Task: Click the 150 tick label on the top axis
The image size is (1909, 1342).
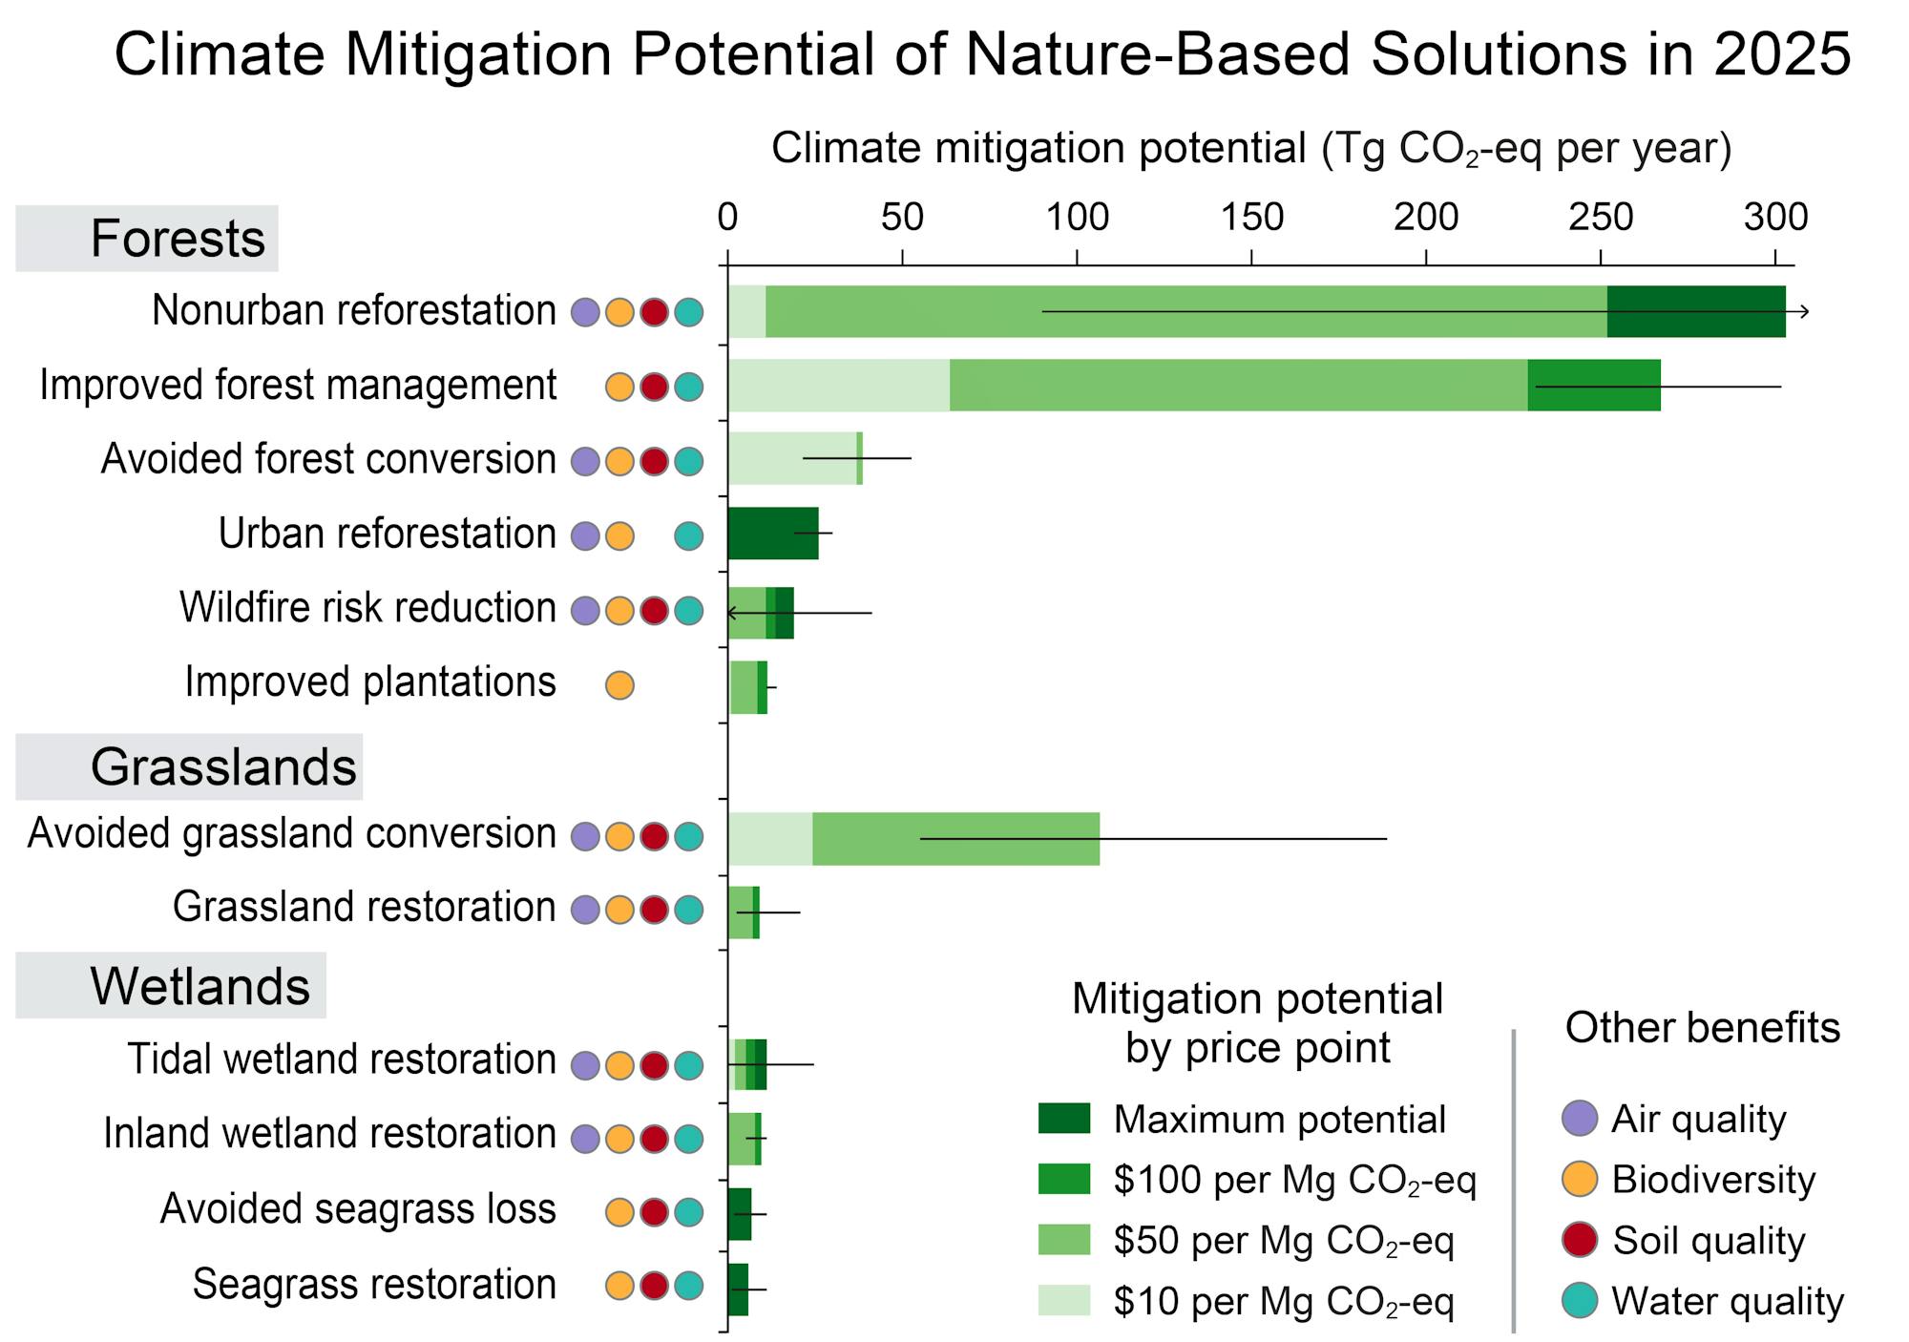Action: tap(1251, 218)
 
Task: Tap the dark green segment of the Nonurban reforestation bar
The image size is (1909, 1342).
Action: tap(1695, 311)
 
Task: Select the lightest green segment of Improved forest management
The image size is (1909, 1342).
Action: tap(838, 386)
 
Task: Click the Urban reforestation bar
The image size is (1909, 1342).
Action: tap(772, 534)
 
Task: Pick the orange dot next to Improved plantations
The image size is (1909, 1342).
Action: tap(619, 684)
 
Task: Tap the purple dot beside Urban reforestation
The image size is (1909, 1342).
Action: tap(585, 535)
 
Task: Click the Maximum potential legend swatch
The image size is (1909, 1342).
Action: tap(1063, 1119)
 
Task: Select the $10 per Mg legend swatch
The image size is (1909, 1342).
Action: tap(1063, 1300)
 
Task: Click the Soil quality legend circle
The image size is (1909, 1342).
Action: tap(1580, 1240)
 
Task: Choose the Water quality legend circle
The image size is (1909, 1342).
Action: tap(1580, 1301)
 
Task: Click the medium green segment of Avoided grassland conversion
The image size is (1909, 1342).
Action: tap(954, 839)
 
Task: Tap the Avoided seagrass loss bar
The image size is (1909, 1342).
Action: tap(739, 1214)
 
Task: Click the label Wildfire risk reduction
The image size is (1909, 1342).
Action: tap(367, 608)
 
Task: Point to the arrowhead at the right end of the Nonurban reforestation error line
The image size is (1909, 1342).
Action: tap(1804, 311)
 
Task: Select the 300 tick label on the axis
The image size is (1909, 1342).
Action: tap(1775, 218)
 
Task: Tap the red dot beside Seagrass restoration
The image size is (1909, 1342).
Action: tap(654, 1286)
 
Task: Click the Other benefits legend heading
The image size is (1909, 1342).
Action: tap(1702, 1028)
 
